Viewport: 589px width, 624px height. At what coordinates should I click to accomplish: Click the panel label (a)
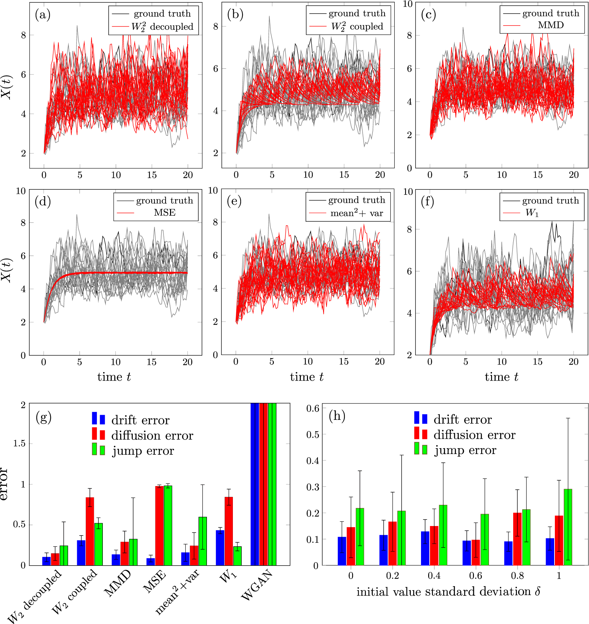[x=43, y=15]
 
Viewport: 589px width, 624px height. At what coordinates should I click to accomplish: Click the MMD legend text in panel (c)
[x=550, y=25]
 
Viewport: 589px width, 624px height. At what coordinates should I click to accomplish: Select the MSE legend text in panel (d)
[x=165, y=212]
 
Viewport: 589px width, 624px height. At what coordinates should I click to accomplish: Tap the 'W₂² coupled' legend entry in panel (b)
[x=357, y=26]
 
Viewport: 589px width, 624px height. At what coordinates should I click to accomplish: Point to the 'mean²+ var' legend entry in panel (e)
[x=356, y=213]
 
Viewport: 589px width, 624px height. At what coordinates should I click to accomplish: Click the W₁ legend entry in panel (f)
[x=532, y=213]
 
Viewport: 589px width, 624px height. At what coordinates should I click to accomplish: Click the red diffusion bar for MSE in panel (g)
[x=159, y=526]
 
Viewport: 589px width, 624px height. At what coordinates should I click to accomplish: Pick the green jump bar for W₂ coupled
[x=98, y=544]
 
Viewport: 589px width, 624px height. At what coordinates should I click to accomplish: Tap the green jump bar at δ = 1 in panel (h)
[x=567, y=527]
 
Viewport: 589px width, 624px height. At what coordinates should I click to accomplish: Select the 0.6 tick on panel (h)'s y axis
[x=313, y=408]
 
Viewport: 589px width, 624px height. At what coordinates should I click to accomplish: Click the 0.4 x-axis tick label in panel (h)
[x=434, y=576]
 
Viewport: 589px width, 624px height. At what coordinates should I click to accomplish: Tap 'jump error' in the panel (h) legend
[x=465, y=450]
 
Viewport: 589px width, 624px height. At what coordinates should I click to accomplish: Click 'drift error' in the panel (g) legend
[x=140, y=420]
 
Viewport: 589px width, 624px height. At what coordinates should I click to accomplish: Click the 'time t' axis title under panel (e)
[x=307, y=377]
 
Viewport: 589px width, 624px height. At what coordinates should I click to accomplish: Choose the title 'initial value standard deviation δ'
[x=448, y=592]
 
